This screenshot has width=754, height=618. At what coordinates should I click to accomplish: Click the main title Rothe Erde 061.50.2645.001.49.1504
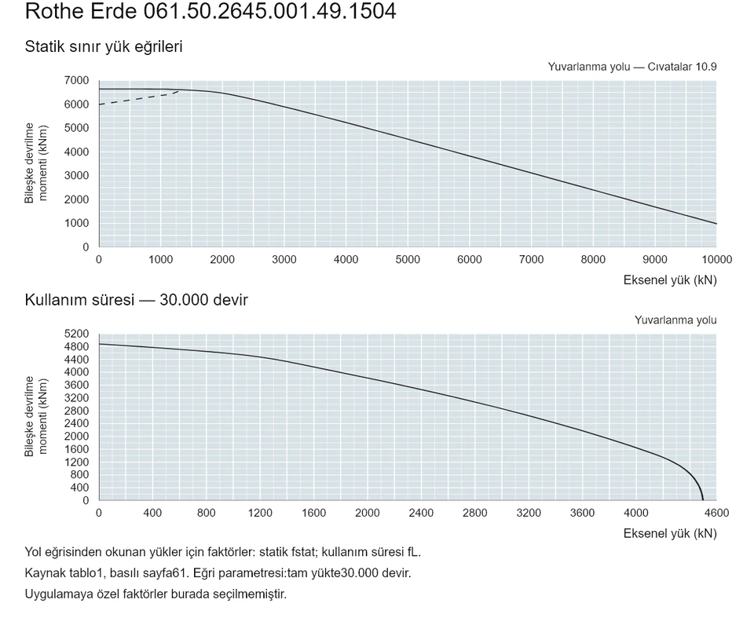[210, 10]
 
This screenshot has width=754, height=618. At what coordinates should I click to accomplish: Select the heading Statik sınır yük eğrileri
[104, 46]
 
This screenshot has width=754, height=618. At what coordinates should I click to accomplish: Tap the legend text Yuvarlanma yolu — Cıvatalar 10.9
[631, 67]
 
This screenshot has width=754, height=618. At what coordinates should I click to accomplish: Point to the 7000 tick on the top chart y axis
[77, 80]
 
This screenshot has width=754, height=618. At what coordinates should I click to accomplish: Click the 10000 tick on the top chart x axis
[716, 260]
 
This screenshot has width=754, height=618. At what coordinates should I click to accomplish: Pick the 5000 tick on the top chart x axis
[408, 260]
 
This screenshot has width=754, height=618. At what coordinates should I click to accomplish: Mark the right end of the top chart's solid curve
[716, 224]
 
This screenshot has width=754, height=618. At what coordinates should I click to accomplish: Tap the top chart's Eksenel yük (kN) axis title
[670, 280]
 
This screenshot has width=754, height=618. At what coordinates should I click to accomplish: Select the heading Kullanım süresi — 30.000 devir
[136, 300]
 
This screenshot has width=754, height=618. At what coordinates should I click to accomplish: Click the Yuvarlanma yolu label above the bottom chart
[675, 320]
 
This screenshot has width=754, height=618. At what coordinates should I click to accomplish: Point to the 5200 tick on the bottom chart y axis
[77, 334]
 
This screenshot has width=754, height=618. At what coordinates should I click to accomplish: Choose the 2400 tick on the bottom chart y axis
[77, 423]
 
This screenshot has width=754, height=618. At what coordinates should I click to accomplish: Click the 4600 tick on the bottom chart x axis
[716, 513]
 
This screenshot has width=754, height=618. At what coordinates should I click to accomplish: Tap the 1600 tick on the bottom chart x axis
[313, 513]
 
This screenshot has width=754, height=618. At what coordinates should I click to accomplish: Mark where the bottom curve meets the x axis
[703, 500]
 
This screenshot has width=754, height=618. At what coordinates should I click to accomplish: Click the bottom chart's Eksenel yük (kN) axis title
[670, 533]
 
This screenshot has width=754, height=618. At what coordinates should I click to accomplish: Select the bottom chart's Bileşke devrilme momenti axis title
[36, 416]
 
